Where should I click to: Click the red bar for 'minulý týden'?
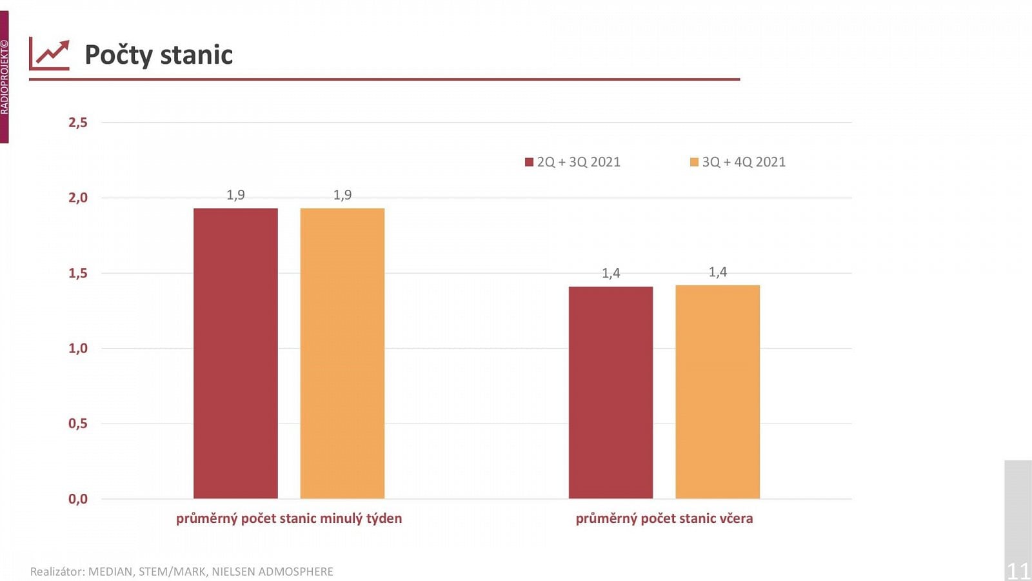click(x=235, y=353)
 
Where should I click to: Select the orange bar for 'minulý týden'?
click(x=342, y=353)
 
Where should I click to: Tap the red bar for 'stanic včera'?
click(x=611, y=392)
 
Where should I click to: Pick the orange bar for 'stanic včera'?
click(x=718, y=392)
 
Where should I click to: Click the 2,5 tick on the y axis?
click(x=78, y=123)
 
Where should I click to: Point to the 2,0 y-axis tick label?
click(x=78, y=198)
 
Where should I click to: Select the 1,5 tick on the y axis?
click(x=78, y=273)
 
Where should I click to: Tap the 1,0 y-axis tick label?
click(x=78, y=349)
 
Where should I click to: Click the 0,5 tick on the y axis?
click(x=78, y=423)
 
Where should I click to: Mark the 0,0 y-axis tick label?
click(x=78, y=499)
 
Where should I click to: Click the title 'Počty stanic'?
click(x=159, y=55)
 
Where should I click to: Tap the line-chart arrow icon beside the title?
click(x=49, y=54)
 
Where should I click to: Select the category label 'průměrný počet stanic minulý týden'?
click(x=289, y=518)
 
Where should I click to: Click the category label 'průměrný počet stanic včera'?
click(x=664, y=518)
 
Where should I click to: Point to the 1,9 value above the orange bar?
click(x=342, y=195)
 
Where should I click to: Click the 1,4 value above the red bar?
click(x=611, y=273)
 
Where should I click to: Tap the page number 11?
click(x=1018, y=571)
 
